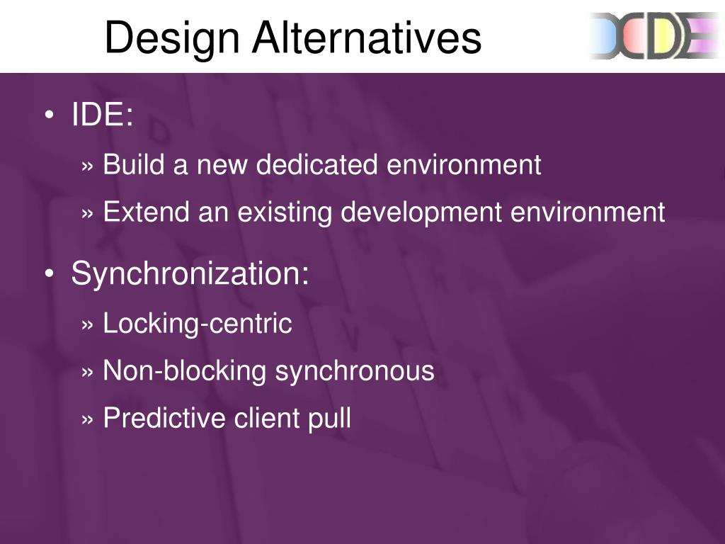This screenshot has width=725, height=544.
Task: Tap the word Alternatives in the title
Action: point(367,37)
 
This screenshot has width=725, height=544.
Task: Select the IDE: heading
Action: point(102,114)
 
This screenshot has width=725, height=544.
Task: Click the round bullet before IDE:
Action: point(50,114)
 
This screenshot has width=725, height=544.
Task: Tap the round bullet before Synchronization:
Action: point(50,273)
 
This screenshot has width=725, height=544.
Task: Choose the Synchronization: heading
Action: point(190,274)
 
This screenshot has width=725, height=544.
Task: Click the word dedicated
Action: point(316,164)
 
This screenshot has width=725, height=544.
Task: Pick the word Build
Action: point(134,164)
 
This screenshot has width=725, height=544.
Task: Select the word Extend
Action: point(146,212)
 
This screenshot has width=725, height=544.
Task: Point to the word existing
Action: point(285,213)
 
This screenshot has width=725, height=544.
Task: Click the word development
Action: point(421,213)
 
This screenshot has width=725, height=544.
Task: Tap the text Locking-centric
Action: point(198,323)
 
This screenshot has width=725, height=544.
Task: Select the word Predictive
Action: point(164,418)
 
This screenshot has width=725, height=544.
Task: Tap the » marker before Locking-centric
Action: point(87,325)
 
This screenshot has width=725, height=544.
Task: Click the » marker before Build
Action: point(87,166)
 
